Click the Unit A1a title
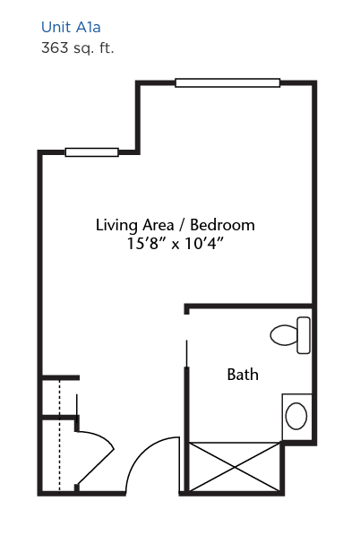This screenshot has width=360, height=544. coord(71,27)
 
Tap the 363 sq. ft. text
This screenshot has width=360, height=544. coord(77,47)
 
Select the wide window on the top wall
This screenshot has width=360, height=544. coord(227,83)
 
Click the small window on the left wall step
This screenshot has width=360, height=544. coord(92,152)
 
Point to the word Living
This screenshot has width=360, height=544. coord(116,225)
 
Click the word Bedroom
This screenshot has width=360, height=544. coord(222,225)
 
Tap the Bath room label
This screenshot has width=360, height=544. coord(243,375)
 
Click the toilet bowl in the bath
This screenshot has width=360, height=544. coord(284,335)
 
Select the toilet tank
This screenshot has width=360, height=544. coord(304,335)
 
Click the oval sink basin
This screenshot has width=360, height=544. coord(296,416)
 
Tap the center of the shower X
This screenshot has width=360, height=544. coord(235,467)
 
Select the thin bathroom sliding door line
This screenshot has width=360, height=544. coord(187,353)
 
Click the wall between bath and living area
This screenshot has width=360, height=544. coord(249,307)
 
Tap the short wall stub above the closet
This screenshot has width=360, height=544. coord(61,378)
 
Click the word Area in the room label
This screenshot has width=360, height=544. coord(159,225)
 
